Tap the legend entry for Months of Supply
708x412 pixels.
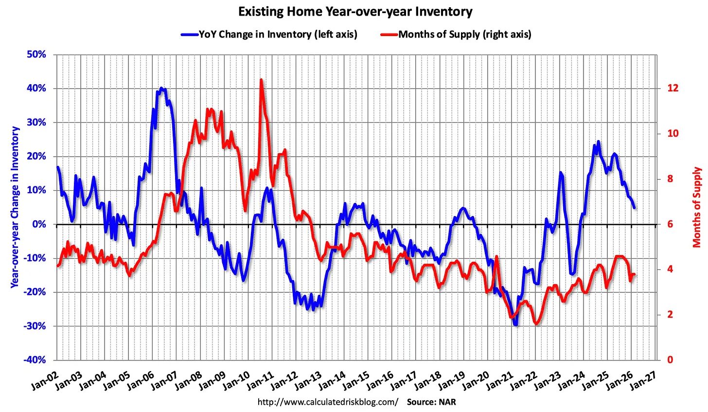pyautogui.click(x=464, y=34)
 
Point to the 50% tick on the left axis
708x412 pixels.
pyautogui.click(x=36, y=54)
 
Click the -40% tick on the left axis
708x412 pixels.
pyautogui.click(x=35, y=360)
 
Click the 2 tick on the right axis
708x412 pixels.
pyautogui.click(x=671, y=315)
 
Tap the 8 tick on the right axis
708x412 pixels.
pyautogui.click(x=671, y=179)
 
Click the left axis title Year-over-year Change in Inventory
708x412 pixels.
pyautogui.click(x=15, y=207)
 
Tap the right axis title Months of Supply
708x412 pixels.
pyautogui.click(x=697, y=207)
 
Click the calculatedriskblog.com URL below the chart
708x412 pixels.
pyautogui.click(x=327, y=402)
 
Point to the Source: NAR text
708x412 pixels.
pyautogui.click(x=431, y=402)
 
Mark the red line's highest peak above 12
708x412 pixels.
pyautogui.click(x=261, y=80)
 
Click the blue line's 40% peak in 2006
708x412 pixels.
pyautogui.click(x=161, y=89)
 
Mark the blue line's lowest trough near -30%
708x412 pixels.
pyautogui.click(x=515, y=324)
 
